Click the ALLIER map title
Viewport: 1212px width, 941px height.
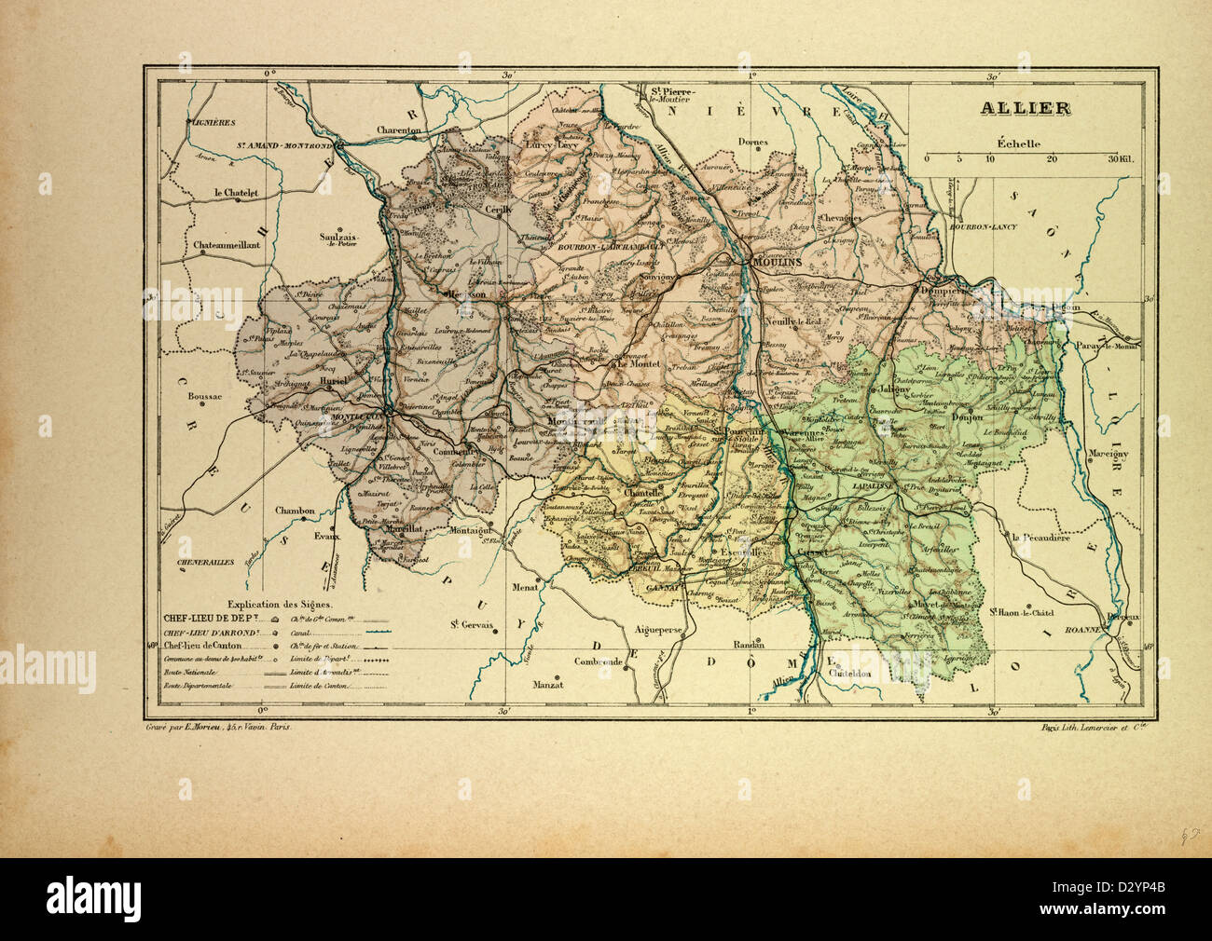coord(1025,108)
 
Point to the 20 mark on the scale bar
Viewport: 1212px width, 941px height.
coord(1052,159)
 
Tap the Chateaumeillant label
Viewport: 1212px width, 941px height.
coord(227,246)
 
